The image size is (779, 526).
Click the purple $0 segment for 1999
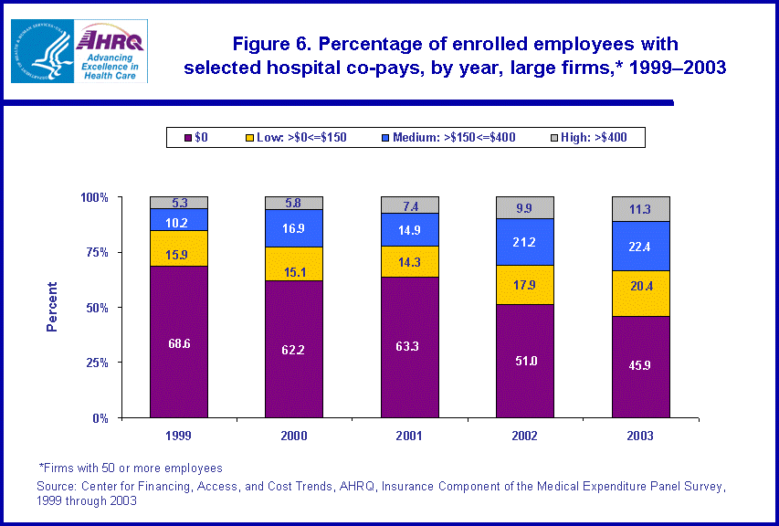coord(179,342)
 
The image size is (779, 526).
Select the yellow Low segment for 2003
coord(640,294)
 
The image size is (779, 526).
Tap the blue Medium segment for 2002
coord(525,242)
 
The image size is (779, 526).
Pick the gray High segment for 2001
coord(409,205)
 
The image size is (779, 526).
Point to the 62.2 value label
coord(294,348)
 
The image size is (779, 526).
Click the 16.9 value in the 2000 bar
coord(294,228)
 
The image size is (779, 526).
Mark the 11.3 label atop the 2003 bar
coord(640,208)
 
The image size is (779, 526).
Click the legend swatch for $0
coord(188,137)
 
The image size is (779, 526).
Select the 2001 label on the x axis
coord(409,436)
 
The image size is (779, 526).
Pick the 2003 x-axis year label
coord(640,436)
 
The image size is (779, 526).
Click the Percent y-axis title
coord(52,307)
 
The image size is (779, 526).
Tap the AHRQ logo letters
coord(108,39)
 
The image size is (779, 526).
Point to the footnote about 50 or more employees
coord(131,468)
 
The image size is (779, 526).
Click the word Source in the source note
coord(57,486)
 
